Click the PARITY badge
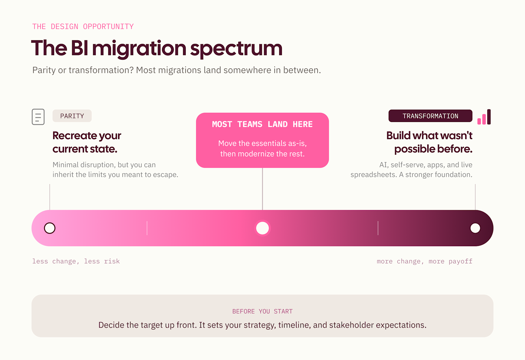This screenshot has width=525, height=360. click(x=72, y=116)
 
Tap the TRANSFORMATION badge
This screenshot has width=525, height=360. click(x=430, y=116)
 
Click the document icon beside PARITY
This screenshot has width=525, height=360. click(x=38, y=117)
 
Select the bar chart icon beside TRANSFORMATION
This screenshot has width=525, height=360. click(x=484, y=117)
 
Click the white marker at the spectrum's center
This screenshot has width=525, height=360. click(x=262, y=228)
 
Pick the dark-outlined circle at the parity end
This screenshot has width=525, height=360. click(x=50, y=228)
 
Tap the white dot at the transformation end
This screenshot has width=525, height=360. click(x=475, y=228)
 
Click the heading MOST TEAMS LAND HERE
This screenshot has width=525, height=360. click(x=262, y=124)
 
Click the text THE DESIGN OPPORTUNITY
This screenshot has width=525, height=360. click(x=83, y=27)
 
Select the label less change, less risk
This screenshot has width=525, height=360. click(x=76, y=261)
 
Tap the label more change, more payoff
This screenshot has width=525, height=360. click(x=425, y=261)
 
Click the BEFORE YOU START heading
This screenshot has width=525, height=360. click(x=262, y=311)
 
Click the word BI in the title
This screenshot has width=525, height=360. click(x=79, y=48)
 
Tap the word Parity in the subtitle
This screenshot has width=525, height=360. click(x=44, y=70)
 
